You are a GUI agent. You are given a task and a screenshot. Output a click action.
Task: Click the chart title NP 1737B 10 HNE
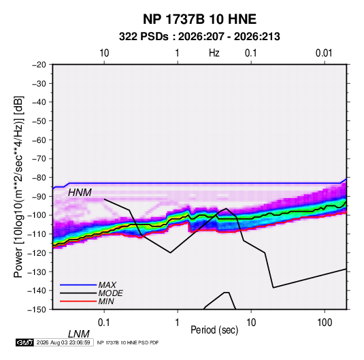(199, 19)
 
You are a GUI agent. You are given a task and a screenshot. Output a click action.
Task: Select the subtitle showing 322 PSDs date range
(199, 37)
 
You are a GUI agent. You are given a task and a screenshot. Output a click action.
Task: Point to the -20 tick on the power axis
(39, 65)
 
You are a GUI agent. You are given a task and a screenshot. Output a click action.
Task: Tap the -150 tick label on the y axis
(37, 310)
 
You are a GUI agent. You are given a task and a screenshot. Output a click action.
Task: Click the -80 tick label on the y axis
(39, 178)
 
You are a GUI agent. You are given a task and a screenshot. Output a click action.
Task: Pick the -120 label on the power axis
(37, 253)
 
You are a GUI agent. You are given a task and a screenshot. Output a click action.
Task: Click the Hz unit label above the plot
(214, 53)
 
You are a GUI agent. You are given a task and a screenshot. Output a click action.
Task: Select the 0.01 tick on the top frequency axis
(324, 53)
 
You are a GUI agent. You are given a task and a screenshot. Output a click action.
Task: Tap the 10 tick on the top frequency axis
(104, 53)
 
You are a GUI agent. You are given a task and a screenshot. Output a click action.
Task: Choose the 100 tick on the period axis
(325, 323)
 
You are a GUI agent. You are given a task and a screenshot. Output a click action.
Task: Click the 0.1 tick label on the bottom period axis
(104, 323)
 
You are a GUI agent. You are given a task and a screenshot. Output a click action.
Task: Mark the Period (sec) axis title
(214, 330)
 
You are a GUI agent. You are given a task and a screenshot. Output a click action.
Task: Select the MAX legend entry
(107, 285)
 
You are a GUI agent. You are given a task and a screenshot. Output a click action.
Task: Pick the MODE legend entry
(110, 293)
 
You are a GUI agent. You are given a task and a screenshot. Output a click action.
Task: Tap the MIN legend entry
(106, 301)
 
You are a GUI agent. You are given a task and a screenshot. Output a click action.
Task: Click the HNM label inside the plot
(80, 193)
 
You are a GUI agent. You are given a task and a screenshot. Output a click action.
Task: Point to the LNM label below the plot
(79, 334)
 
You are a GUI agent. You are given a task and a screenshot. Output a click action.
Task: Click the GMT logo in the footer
(24, 342)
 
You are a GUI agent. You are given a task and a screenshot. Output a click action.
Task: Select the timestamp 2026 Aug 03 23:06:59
(63, 342)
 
